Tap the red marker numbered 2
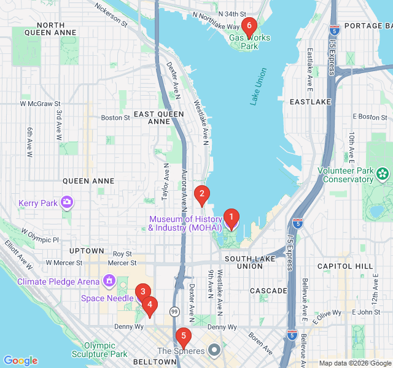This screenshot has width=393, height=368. (x=201, y=195)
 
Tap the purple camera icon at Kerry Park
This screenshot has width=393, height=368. (x=67, y=202)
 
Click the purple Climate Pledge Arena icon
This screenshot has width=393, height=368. (x=109, y=281)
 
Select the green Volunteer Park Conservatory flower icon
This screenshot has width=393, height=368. (x=384, y=174)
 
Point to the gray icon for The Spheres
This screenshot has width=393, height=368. (x=214, y=351)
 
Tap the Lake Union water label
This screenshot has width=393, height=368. (x=259, y=87)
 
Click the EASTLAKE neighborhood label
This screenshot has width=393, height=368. (x=310, y=101)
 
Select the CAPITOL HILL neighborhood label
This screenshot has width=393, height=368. (x=344, y=266)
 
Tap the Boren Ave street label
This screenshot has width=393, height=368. (x=261, y=343)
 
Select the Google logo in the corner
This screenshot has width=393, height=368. (x=20, y=361)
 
